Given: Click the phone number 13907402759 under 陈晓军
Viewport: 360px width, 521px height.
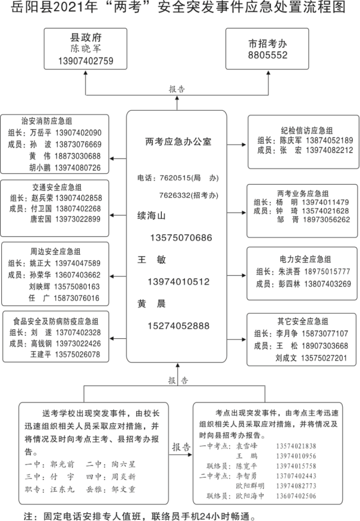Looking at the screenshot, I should point(86,61).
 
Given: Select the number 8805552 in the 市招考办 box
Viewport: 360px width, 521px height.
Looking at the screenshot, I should point(268,55).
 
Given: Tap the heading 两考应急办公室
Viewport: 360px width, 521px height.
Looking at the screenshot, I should point(178,142).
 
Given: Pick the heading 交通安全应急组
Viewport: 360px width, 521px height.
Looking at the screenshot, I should point(57,186).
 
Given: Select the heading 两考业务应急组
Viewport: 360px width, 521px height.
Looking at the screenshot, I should point(303,194).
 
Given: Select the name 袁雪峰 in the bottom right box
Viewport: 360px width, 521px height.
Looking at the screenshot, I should point(245,445).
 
